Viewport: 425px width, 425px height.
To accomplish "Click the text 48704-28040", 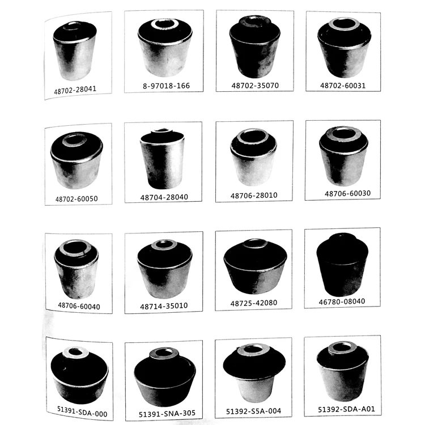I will click(164, 197).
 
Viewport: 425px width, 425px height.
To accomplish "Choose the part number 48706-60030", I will click(347, 193).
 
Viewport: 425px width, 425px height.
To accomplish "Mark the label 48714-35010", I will click(164, 305).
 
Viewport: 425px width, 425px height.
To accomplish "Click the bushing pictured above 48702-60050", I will click(76, 161).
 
